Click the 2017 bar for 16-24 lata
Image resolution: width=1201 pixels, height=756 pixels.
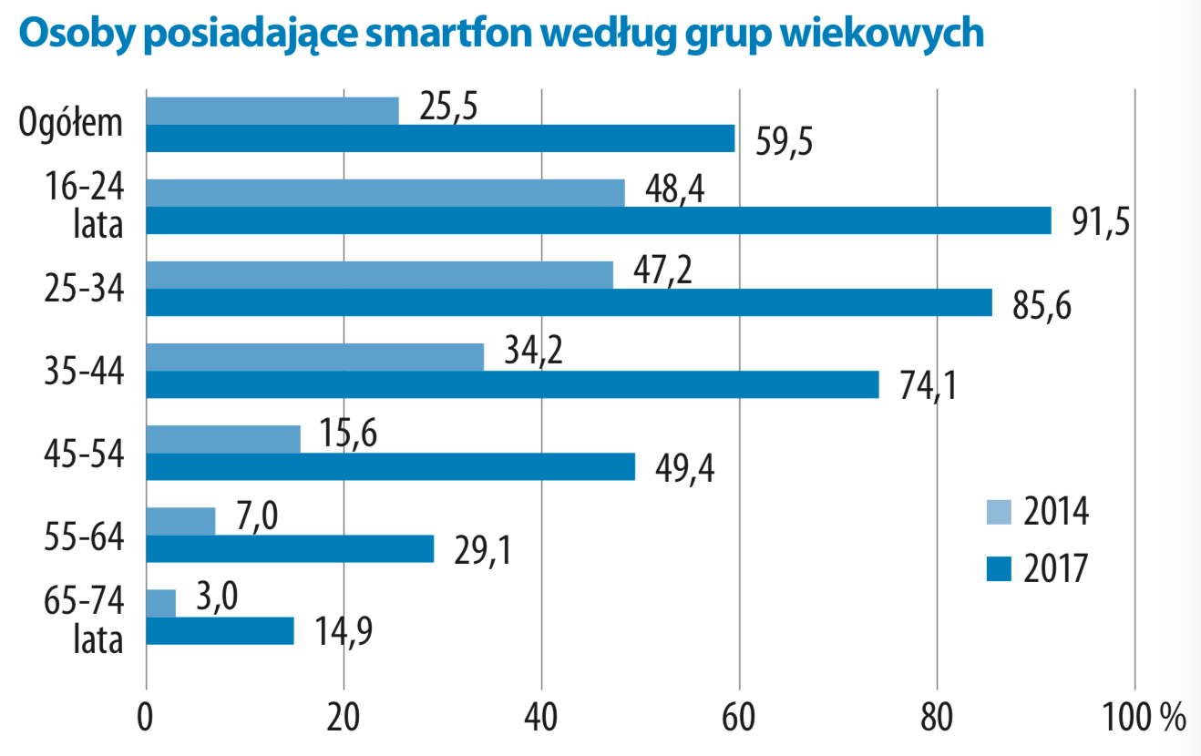pos(598,220)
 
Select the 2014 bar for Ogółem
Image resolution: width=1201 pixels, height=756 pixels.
pos(272,110)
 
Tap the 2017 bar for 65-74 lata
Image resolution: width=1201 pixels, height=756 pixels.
pos(220,631)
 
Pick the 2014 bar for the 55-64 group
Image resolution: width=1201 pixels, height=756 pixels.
pos(180,521)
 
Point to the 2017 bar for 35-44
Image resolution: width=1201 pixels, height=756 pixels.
pos(512,384)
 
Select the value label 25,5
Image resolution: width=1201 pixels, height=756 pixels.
pos(449,107)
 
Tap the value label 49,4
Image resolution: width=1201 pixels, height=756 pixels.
pos(684,469)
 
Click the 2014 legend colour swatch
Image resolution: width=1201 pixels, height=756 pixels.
pos(999,512)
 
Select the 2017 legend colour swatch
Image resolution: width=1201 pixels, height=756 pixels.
pos(999,568)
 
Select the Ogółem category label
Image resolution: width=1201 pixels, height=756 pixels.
pos(72,122)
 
